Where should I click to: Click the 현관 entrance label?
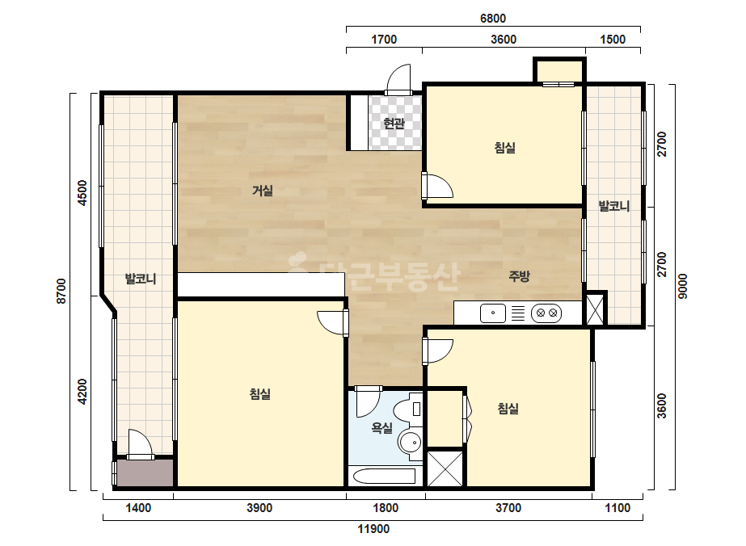click(394, 124)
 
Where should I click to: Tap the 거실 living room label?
click(263, 191)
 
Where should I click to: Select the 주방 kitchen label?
click(519, 276)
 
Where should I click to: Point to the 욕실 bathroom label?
click(382, 427)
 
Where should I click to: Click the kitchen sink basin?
click(493, 313)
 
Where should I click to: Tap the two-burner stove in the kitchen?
click(546, 313)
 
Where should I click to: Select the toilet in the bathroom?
click(409, 409)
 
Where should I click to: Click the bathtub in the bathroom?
click(382, 476)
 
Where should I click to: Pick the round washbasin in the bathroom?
click(410, 443)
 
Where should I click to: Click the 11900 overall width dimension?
click(373, 529)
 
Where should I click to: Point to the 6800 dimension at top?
click(493, 19)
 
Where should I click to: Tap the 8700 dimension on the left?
click(61, 291)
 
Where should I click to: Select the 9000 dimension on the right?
click(682, 286)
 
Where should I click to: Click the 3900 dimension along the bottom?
click(259, 508)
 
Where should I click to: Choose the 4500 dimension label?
click(82, 192)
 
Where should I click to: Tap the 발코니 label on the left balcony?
click(141, 279)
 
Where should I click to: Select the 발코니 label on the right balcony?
click(614, 207)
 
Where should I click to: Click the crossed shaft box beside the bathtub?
click(445, 468)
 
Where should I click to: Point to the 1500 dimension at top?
click(613, 40)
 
